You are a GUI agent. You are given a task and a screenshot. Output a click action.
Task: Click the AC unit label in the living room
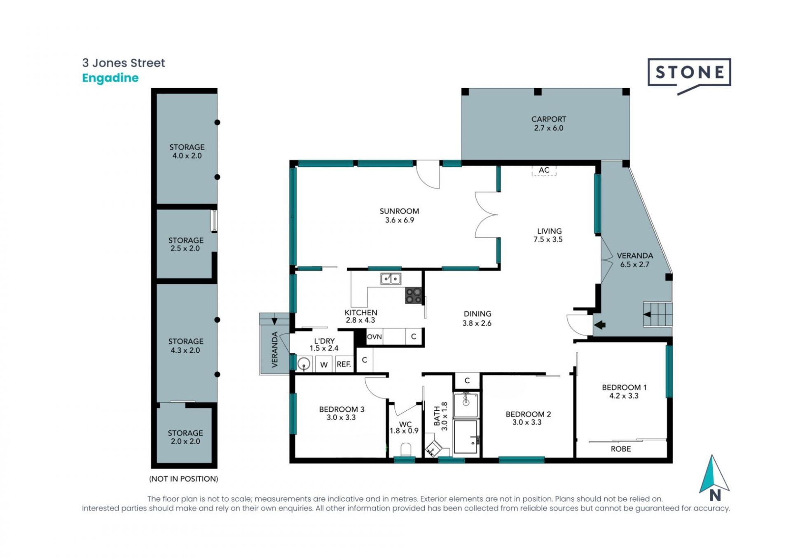tap(544, 170)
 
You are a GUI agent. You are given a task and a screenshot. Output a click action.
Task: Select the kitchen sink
tap(391, 279)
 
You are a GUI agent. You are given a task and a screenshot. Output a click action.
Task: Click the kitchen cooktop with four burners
tap(414, 295)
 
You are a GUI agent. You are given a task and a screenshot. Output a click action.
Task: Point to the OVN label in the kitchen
tap(374, 337)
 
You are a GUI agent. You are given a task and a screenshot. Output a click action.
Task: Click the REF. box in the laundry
tap(344, 364)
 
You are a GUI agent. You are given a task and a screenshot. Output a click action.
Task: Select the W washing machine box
tap(324, 364)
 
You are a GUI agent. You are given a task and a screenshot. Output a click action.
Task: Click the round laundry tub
tap(304, 364)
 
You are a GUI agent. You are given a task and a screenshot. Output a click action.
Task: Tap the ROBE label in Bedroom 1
tap(620, 449)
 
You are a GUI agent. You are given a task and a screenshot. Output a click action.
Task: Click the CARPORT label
tap(549, 119)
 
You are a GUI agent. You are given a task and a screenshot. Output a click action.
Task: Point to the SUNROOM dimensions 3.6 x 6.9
tap(399, 220)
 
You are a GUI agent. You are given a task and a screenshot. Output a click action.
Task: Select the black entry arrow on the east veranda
tap(599, 325)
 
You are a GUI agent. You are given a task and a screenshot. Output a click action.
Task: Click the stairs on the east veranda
tap(658, 314)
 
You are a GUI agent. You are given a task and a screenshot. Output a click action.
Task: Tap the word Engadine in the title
tap(110, 78)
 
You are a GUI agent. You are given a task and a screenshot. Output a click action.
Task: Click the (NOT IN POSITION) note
tap(184, 479)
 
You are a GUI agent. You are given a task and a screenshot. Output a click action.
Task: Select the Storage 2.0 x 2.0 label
tap(185, 437)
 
